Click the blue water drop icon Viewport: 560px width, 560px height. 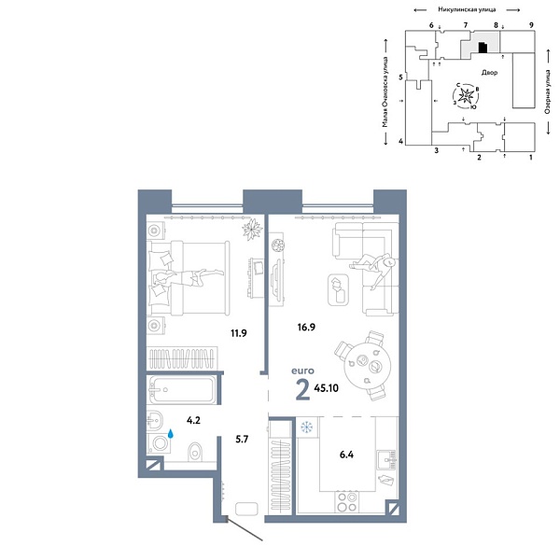pos(173,433)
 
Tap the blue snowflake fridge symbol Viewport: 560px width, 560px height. pos(305,427)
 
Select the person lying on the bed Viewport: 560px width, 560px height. pos(191,275)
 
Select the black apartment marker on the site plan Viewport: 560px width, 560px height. pos(482,47)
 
